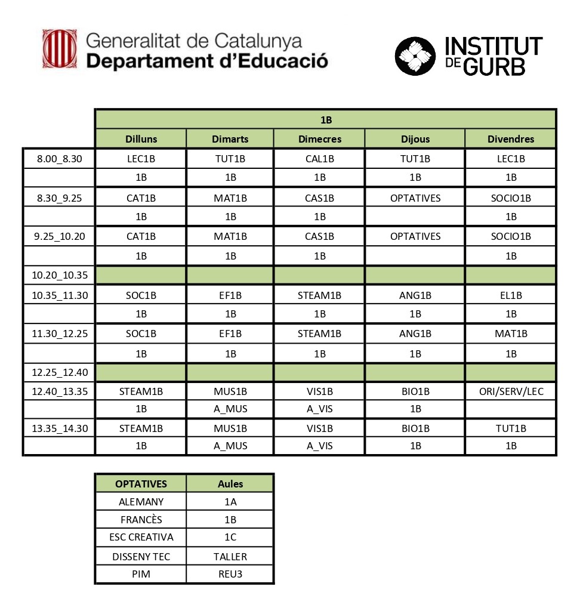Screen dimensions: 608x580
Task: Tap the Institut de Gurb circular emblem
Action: pos(417,56)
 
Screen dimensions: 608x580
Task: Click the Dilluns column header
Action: pos(141,139)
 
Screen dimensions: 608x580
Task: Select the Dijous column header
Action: pos(415,139)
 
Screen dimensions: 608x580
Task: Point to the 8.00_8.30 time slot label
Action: pos(58,159)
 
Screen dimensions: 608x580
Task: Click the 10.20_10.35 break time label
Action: pos(58,276)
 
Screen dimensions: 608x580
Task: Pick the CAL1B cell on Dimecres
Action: pos(319,159)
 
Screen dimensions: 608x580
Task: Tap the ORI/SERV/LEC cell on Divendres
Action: pos(511,392)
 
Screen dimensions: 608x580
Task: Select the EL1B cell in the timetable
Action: pos(511,295)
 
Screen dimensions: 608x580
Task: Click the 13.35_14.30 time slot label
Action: pos(58,428)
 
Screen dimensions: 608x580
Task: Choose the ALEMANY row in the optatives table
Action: pos(141,502)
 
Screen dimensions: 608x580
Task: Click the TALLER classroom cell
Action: pos(230,557)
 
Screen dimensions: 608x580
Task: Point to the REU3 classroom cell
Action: pos(230,574)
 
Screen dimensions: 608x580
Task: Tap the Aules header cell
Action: pos(230,484)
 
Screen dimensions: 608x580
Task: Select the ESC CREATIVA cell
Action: pos(141,537)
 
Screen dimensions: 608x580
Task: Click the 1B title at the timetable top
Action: pos(326,120)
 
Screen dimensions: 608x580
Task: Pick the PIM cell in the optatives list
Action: pos(141,574)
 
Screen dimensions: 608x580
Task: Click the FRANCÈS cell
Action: pos(141,520)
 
